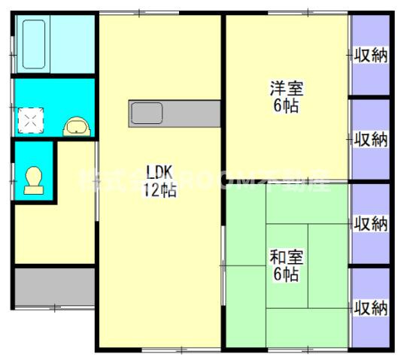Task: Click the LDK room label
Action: [160, 170]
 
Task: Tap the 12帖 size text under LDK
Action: [160, 190]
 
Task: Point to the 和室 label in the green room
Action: [287, 256]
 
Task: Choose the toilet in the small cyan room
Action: [34, 181]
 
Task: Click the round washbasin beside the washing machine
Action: [76, 126]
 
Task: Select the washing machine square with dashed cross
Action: [31, 119]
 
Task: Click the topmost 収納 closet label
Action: [371, 56]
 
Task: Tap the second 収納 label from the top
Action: [371, 139]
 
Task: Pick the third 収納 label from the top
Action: [371, 223]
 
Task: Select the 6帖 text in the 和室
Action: [287, 274]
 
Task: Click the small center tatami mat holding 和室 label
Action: [287, 265]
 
